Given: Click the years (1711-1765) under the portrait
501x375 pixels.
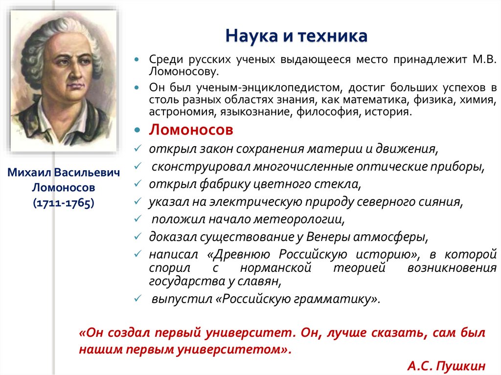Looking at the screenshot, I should (64, 203).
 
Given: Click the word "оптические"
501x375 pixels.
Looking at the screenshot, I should (386, 166).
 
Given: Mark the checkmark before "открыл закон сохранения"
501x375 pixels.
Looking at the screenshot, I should (139, 148).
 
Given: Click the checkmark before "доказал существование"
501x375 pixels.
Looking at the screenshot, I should (139, 237).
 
